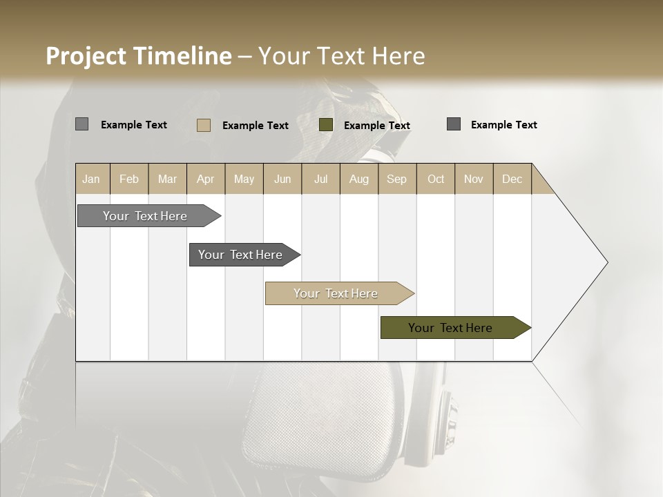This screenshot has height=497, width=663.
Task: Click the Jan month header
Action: click(91, 179)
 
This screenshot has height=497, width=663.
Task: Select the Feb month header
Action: click(129, 179)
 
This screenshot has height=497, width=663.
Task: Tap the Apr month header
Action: click(206, 179)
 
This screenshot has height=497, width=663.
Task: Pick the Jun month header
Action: click(282, 179)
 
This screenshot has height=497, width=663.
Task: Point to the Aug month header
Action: click(359, 179)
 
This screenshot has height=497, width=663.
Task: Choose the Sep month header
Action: click(397, 179)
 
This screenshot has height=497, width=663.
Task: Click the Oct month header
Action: click(436, 179)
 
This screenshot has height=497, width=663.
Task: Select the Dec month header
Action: click(512, 179)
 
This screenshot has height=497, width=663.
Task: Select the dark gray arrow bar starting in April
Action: click(242, 255)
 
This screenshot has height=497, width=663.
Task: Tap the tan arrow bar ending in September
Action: click(337, 293)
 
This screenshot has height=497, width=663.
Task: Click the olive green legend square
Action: click(326, 125)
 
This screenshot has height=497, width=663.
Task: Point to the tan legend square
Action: click(204, 125)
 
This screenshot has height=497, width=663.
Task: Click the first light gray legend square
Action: click(82, 124)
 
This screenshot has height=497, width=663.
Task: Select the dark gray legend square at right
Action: click(454, 124)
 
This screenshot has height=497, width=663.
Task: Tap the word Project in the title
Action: click(85, 56)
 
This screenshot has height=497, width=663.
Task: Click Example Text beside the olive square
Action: click(377, 125)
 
